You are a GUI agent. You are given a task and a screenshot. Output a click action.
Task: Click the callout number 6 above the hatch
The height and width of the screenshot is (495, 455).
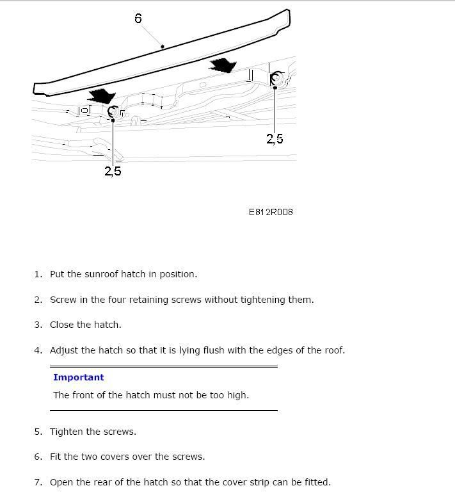[x=138, y=18]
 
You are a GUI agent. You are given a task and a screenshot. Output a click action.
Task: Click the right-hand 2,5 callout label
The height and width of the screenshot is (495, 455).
[x=275, y=138]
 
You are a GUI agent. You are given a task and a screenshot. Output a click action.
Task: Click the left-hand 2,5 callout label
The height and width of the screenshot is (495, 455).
[x=113, y=171]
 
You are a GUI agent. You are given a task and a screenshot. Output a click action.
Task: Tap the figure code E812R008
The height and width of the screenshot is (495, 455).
[x=271, y=212]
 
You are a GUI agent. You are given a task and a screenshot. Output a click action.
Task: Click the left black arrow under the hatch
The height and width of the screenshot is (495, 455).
[x=101, y=96]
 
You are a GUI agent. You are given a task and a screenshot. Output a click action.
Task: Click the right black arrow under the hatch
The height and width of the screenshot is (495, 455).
[x=222, y=65]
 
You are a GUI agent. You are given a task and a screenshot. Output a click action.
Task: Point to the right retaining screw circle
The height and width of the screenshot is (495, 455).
[x=277, y=79]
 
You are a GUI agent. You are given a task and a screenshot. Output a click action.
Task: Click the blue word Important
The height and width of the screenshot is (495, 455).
[x=78, y=377]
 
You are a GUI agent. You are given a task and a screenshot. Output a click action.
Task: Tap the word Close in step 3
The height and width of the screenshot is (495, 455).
[x=62, y=325]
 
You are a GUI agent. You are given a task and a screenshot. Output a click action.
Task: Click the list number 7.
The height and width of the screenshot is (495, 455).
[x=37, y=482]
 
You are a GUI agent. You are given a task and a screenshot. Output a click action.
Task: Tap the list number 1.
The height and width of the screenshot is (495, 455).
[x=37, y=274]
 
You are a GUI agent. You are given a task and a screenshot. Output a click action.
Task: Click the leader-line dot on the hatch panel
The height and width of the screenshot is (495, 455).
[x=163, y=46]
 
